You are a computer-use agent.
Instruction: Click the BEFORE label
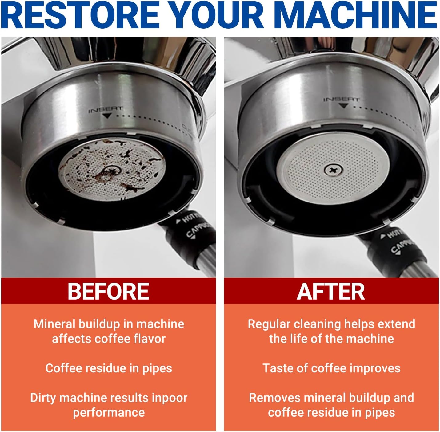[x=108, y=291]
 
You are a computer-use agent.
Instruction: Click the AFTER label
[x=331, y=291]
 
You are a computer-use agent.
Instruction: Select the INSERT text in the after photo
[x=341, y=100]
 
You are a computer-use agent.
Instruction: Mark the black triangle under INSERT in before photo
[x=107, y=116]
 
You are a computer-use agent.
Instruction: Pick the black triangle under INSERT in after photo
[x=343, y=105]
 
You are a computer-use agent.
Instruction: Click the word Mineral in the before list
[x=54, y=324]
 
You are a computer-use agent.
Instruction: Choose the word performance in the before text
[x=109, y=412]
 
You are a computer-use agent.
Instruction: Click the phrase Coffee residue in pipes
[x=109, y=369]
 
